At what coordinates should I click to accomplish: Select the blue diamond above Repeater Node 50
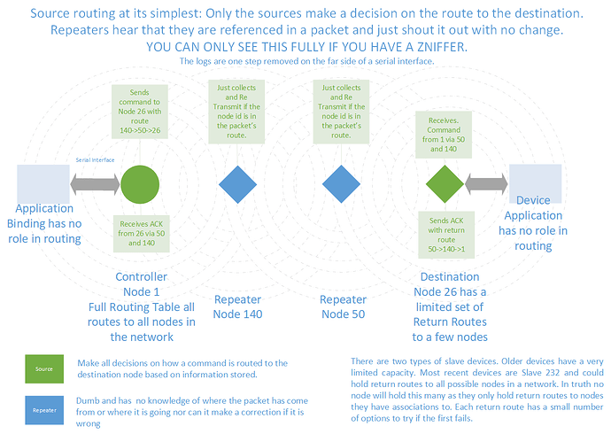[x=342, y=184]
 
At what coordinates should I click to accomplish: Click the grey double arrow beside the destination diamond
[x=485, y=184]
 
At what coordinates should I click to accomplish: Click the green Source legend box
[x=44, y=368]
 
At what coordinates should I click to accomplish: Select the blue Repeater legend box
[x=44, y=410]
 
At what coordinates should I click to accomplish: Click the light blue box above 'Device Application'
[x=535, y=183]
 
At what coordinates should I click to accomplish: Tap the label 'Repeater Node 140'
[x=237, y=306]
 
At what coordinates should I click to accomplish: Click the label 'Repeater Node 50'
[x=343, y=306]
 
